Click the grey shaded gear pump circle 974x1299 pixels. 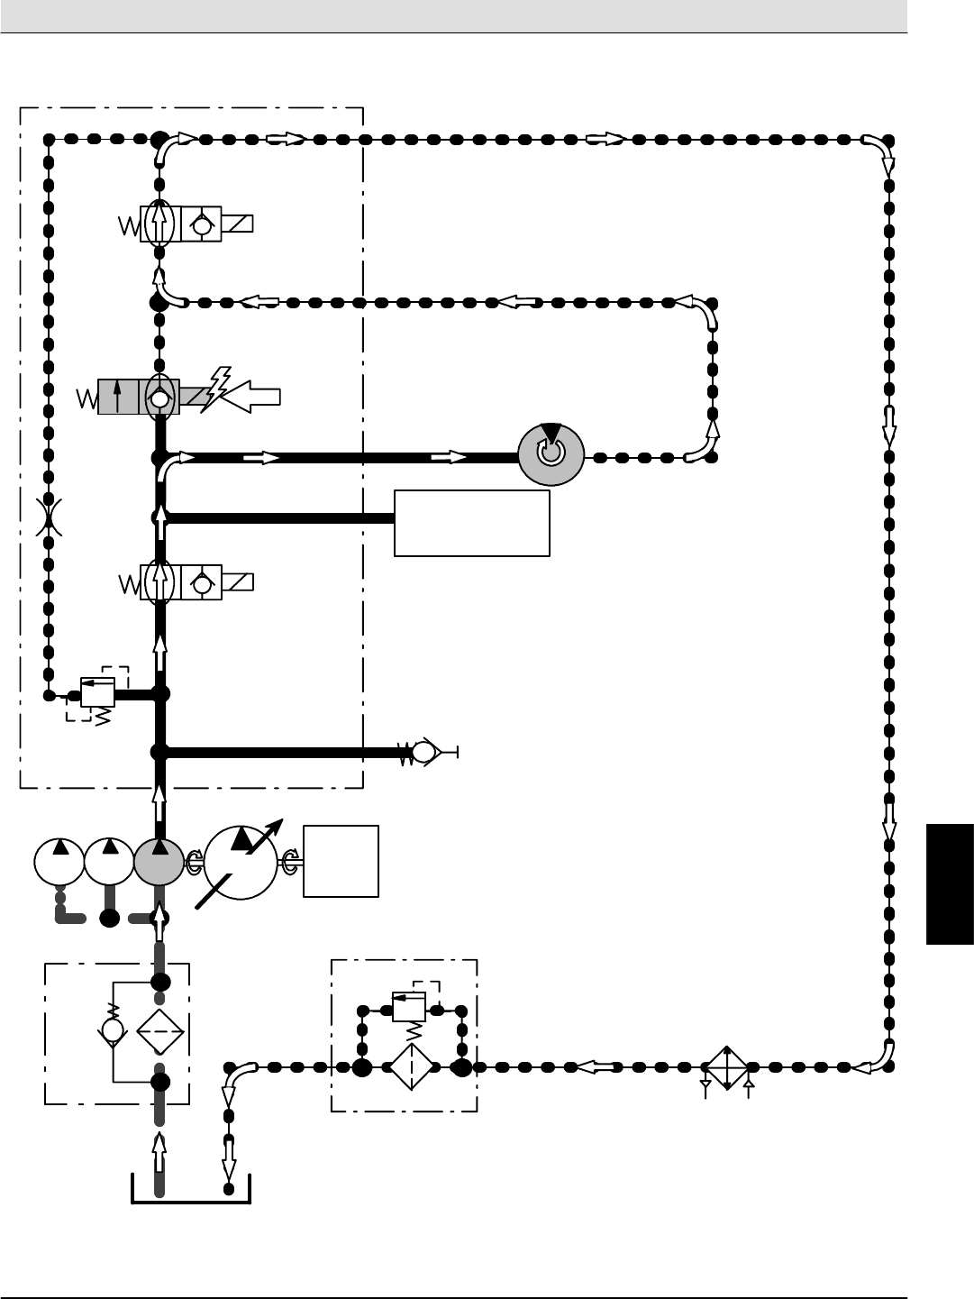click(159, 862)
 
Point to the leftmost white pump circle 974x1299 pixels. click(59, 862)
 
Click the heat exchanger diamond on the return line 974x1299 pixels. click(726, 1067)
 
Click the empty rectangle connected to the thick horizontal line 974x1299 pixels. click(472, 523)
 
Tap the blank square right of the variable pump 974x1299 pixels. click(341, 861)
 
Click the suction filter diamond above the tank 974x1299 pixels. click(160, 1032)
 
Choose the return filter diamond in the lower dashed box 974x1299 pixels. click(411, 1067)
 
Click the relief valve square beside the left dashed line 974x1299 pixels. click(97, 691)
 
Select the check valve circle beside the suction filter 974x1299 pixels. click(113, 1029)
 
